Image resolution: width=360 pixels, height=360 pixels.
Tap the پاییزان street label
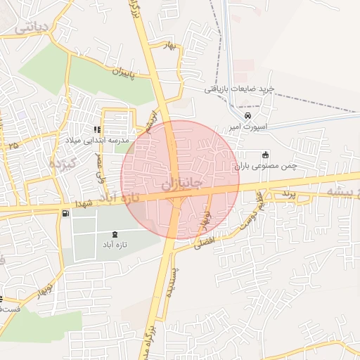(x=131, y=74)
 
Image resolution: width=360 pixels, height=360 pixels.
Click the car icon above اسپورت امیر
(x=247, y=115)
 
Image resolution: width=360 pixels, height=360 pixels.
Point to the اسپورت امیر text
(x=245, y=128)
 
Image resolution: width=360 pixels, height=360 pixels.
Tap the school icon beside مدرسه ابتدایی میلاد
(x=97, y=129)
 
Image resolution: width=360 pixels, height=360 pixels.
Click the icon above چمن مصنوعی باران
(x=265, y=155)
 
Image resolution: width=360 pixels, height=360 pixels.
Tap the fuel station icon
(x=65, y=212)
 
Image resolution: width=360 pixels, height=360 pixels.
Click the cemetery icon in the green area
(x=115, y=234)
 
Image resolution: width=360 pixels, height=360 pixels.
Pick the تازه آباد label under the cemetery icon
(x=115, y=245)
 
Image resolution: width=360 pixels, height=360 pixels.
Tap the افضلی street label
(x=210, y=242)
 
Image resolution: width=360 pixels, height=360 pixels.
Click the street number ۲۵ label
(x=13, y=145)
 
